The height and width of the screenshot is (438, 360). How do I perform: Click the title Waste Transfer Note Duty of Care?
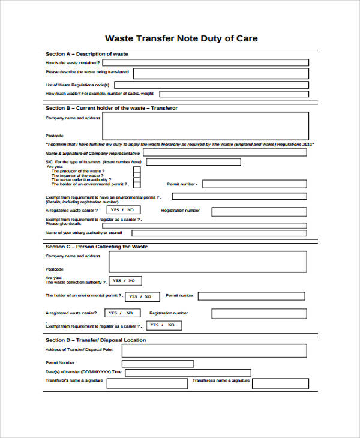[181, 38]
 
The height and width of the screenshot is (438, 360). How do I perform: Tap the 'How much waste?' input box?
[234, 94]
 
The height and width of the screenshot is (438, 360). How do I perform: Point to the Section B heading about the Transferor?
[112, 108]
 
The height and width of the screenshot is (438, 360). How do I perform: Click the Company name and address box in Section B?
[206, 126]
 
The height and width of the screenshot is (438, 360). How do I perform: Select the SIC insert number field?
[193, 162]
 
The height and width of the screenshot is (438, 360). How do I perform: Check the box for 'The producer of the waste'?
[137, 170]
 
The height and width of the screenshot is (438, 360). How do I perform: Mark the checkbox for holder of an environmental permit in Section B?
[137, 185]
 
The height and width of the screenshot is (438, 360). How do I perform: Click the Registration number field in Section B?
[259, 211]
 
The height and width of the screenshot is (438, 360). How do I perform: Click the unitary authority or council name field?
[220, 233]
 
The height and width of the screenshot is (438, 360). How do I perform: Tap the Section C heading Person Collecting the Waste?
[97, 247]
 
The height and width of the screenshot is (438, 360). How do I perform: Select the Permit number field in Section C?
[251, 296]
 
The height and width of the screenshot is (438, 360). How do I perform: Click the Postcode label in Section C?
[54, 269]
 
